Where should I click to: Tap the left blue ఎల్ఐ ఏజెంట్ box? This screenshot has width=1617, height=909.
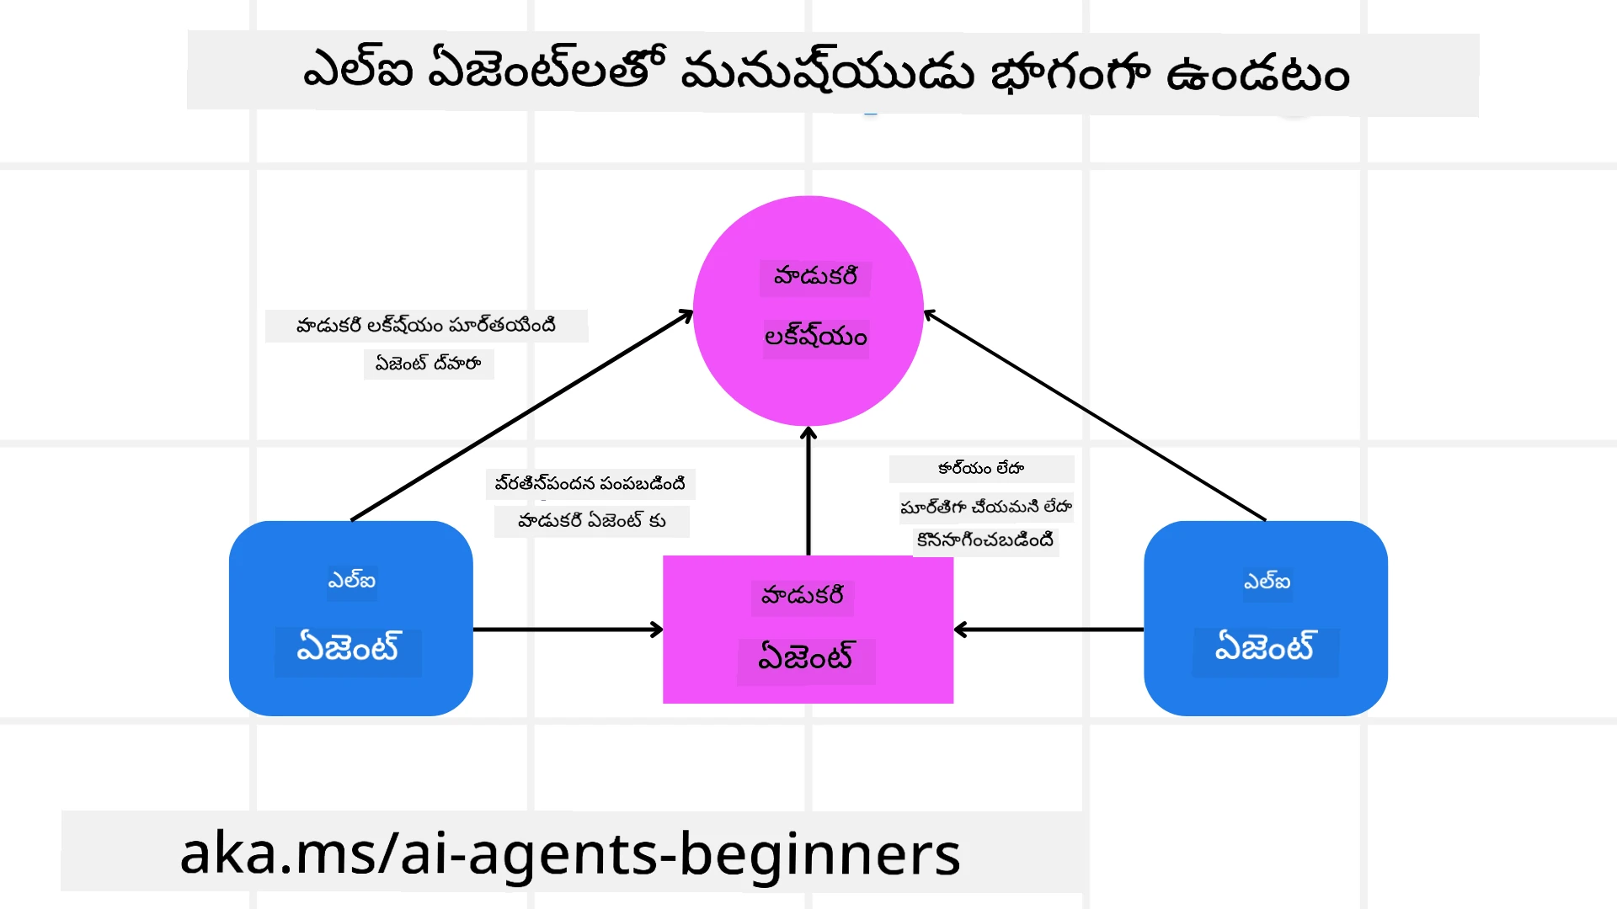click(350, 618)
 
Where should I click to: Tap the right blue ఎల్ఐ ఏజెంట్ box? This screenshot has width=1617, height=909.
click(1265, 618)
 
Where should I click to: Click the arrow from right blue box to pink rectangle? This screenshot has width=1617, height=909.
click(1049, 630)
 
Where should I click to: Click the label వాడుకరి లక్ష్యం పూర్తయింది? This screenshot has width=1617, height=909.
click(426, 326)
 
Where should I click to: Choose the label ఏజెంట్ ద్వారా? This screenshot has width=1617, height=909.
click(428, 364)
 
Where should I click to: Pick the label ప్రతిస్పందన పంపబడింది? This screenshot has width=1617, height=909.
click(590, 484)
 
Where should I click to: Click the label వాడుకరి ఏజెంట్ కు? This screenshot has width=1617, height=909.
click(591, 521)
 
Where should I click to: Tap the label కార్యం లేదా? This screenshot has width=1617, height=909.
click(981, 469)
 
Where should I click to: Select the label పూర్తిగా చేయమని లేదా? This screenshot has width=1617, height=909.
click(986, 507)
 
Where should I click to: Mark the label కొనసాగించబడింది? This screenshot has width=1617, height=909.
click(985, 540)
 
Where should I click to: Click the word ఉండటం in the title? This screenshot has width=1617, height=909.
click(1257, 74)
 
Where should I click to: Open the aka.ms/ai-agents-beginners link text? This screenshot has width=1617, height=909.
click(569, 853)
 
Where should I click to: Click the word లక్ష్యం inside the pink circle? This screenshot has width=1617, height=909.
click(815, 338)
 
